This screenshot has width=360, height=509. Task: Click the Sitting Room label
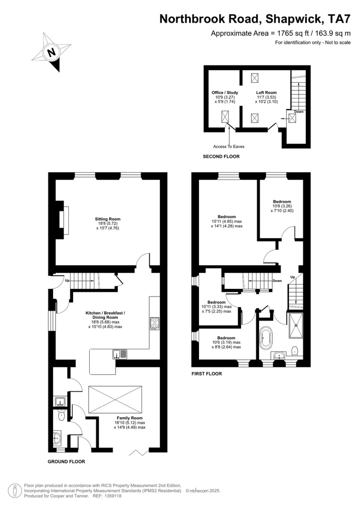click(108, 219)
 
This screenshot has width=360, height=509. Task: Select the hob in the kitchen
click(155, 324)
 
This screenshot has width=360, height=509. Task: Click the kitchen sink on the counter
click(120, 354)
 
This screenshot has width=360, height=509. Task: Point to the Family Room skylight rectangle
click(115, 399)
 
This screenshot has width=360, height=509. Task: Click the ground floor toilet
click(62, 416)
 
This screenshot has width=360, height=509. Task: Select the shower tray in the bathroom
click(296, 325)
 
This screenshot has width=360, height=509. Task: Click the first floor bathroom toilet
click(295, 350)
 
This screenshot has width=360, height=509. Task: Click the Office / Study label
click(225, 93)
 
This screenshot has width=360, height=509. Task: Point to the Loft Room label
click(266, 93)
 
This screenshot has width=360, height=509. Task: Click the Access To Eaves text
click(229, 147)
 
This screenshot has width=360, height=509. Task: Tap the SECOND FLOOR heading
click(221, 156)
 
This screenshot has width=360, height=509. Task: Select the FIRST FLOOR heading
click(207, 374)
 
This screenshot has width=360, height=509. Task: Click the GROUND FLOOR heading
click(66, 462)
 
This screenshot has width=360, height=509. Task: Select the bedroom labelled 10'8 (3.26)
click(282, 206)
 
